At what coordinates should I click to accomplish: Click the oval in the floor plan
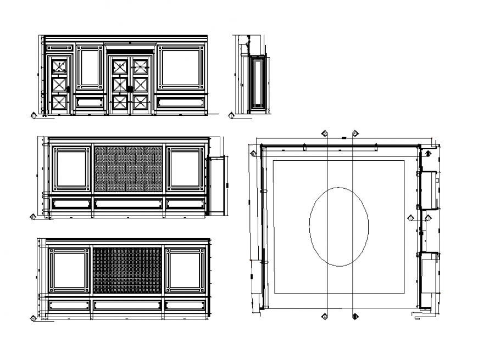pos(338,227)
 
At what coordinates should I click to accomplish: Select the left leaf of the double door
pos(119,85)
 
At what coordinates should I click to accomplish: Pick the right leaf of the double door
pos(141,85)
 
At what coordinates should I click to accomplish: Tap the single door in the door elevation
pos(60,85)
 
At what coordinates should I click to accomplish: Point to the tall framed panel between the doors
pos(90,67)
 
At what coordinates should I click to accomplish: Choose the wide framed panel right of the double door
pos(181,67)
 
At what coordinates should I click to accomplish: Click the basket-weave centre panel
pos(128,168)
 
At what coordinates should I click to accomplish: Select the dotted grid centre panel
pos(127,270)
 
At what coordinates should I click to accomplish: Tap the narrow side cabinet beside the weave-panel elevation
pos(218,185)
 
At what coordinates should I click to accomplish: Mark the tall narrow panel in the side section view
pos(257,82)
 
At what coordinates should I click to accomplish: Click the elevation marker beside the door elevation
pos(33,116)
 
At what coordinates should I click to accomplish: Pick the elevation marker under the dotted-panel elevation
pos(34,318)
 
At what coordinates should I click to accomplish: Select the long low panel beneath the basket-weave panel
pos(128,204)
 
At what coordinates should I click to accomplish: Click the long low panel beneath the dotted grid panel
pos(127,305)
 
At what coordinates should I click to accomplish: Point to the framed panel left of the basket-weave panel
pos(71,168)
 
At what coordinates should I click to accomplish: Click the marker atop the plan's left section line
pos(325,133)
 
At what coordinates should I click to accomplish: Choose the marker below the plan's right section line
pos(355,316)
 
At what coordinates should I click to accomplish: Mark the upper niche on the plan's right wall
pos(429,190)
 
